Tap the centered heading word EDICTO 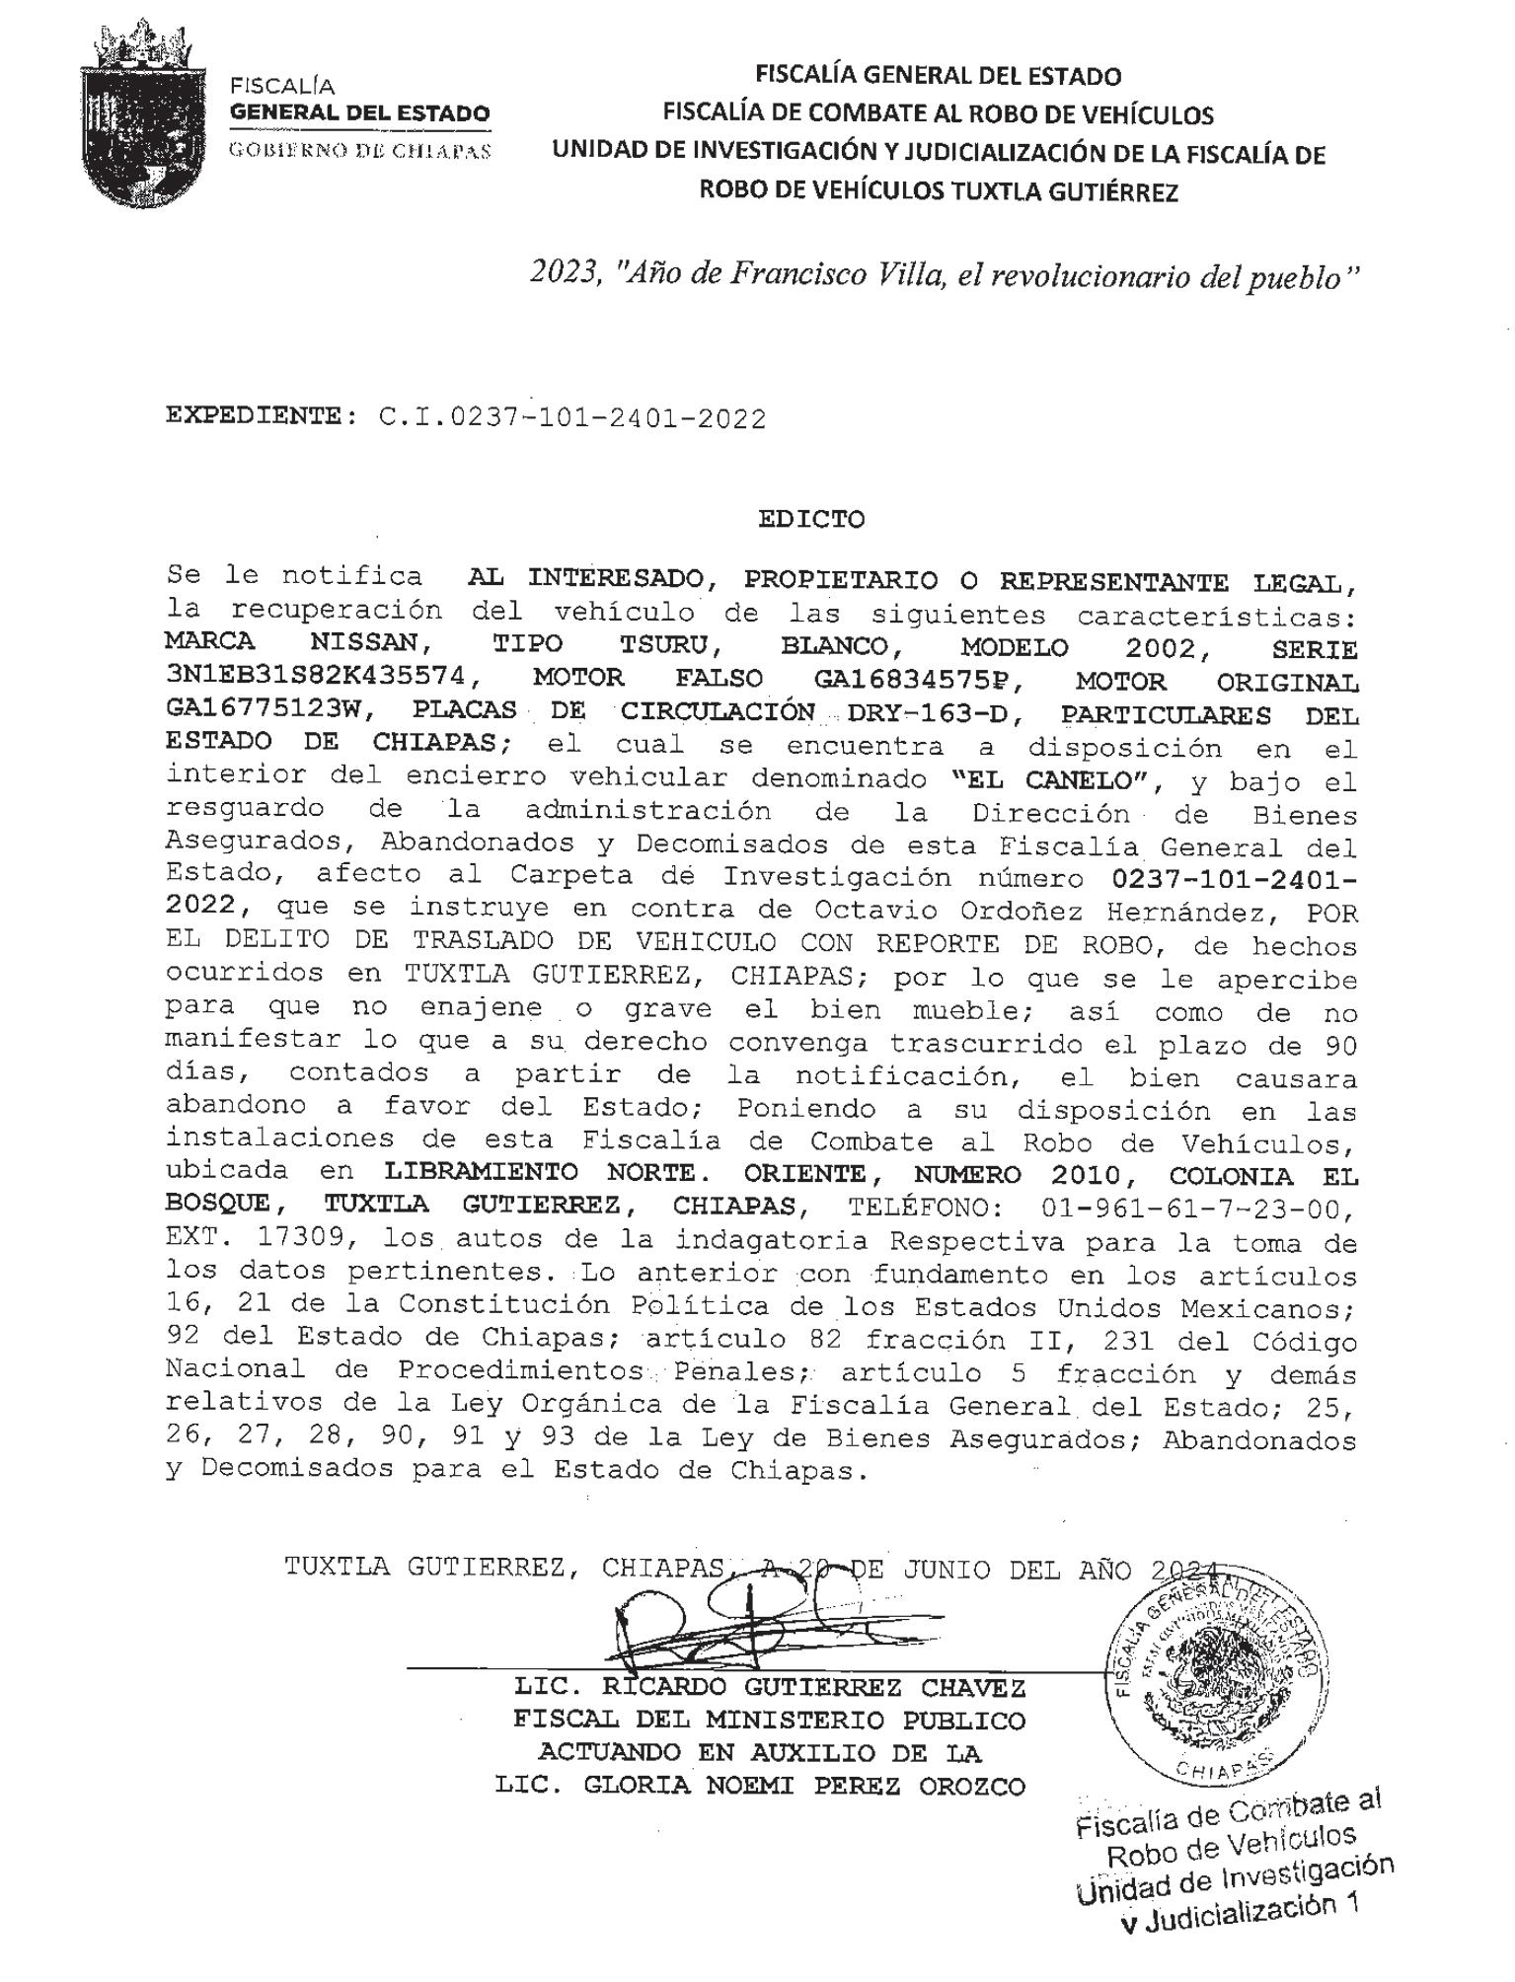pyautogui.click(x=811, y=519)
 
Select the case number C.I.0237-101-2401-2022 pyautogui.click(x=571, y=418)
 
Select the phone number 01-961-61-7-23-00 pyautogui.click(x=1180, y=1209)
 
